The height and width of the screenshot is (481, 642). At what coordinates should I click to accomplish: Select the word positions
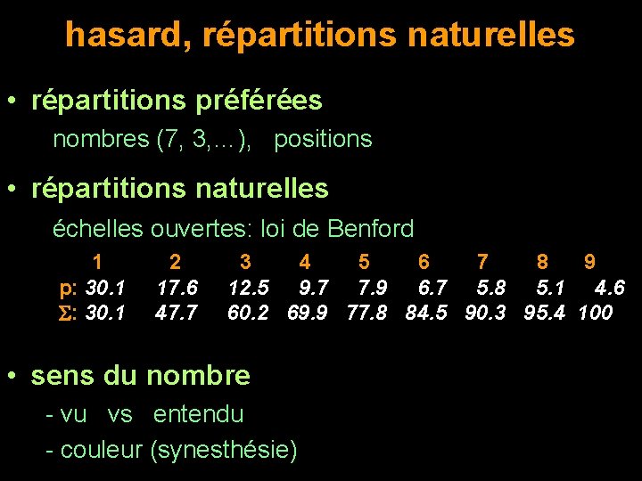tap(323, 139)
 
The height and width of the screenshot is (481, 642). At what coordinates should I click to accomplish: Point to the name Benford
tap(371, 229)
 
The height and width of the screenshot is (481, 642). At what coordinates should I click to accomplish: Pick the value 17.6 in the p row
tap(177, 287)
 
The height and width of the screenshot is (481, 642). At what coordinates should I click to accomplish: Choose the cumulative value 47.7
tap(177, 313)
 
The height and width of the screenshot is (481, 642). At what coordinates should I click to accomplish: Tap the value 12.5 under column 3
tap(249, 287)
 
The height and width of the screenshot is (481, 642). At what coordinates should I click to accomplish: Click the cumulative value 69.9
tap(309, 313)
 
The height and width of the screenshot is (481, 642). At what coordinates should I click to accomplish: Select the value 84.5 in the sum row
tap(426, 313)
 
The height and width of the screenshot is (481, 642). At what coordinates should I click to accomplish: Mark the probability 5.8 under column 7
tap(490, 287)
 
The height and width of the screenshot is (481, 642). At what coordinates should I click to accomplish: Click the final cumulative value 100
tap(595, 313)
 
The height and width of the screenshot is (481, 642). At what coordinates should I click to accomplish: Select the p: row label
tap(66, 288)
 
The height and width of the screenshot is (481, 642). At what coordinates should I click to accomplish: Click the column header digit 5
tap(364, 262)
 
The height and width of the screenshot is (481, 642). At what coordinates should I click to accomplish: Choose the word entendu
tap(198, 414)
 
